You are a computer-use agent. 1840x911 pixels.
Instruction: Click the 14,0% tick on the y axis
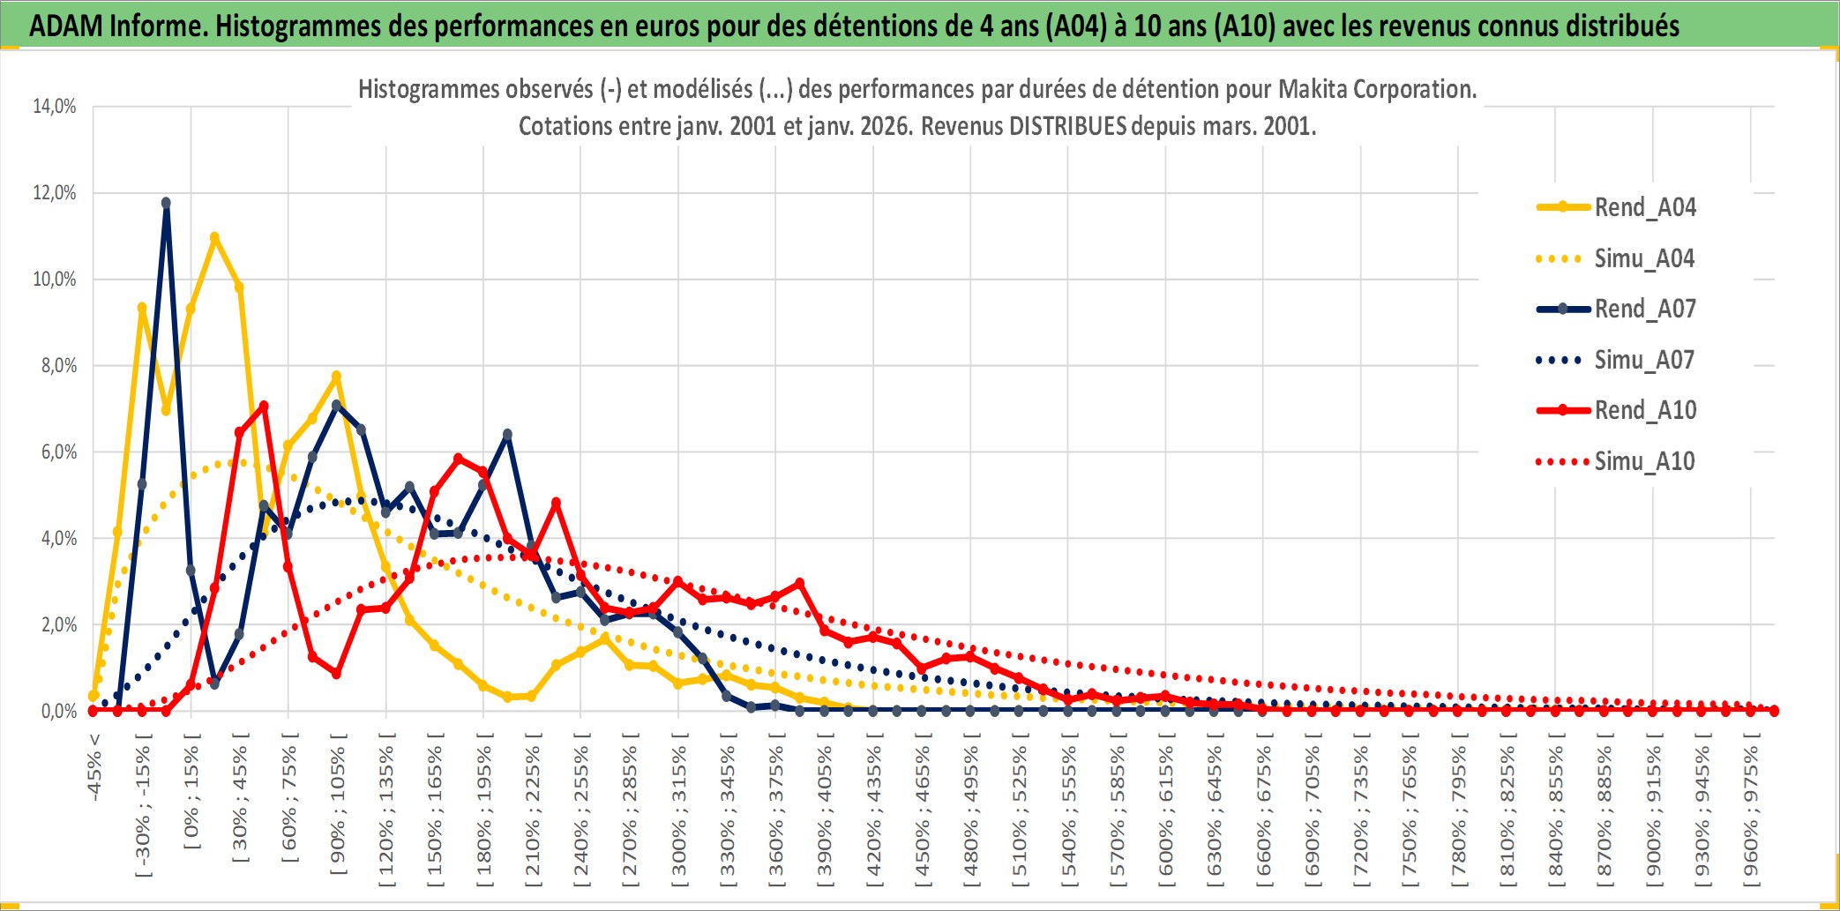pyautogui.click(x=55, y=107)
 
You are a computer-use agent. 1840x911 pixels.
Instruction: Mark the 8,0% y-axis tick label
pyautogui.click(x=58, y=366)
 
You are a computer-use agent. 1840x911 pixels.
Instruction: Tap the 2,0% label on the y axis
pyautogui.click(x=58, y=625)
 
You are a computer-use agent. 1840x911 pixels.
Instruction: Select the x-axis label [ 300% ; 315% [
pyautogui.click(x=679, y=811)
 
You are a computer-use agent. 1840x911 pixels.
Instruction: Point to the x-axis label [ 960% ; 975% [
pyautogui.click(x=1751, y=811)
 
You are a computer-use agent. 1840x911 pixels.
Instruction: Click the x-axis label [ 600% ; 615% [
pyautogui.click(x=1166, y=811)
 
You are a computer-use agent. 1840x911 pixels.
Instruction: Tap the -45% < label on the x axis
pyautogui.click(x=94, y=767)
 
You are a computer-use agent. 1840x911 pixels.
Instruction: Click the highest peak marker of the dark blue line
pyautogui.click(x=166, y=203)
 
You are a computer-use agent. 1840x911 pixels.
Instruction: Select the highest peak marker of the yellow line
pyautogui.click(x=214, y=237)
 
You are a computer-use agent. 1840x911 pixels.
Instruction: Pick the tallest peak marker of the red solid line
pyautogui.click(x=264, y=407)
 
